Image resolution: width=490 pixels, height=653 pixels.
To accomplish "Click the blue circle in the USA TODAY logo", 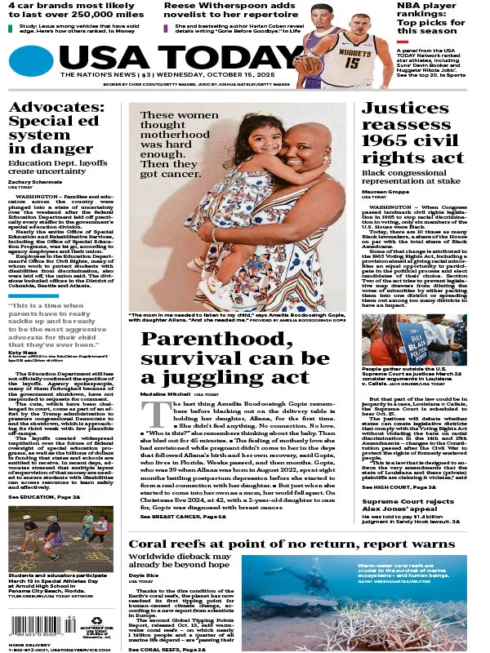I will pos(31,59).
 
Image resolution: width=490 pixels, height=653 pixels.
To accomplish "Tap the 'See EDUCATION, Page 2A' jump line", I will pos(45,496).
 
